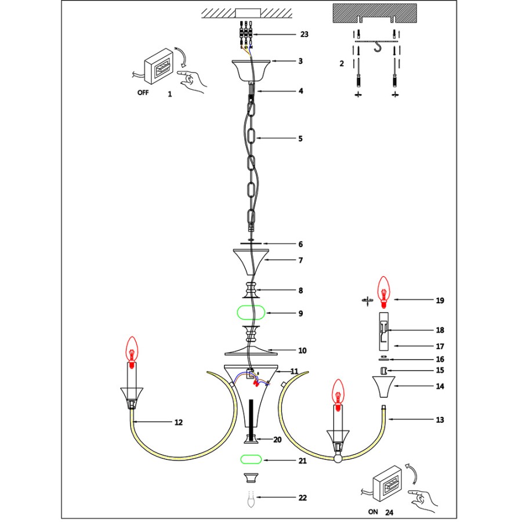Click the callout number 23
[304, 35]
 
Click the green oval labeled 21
[251, 460]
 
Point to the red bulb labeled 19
[383, 290]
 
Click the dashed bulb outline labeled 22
[251, 498]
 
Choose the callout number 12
[179, 422]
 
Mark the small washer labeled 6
[251, 244]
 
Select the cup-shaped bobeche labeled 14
[383, 386]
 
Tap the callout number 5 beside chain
[300, 139]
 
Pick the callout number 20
[277, 440]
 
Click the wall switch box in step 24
[383, 481]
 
